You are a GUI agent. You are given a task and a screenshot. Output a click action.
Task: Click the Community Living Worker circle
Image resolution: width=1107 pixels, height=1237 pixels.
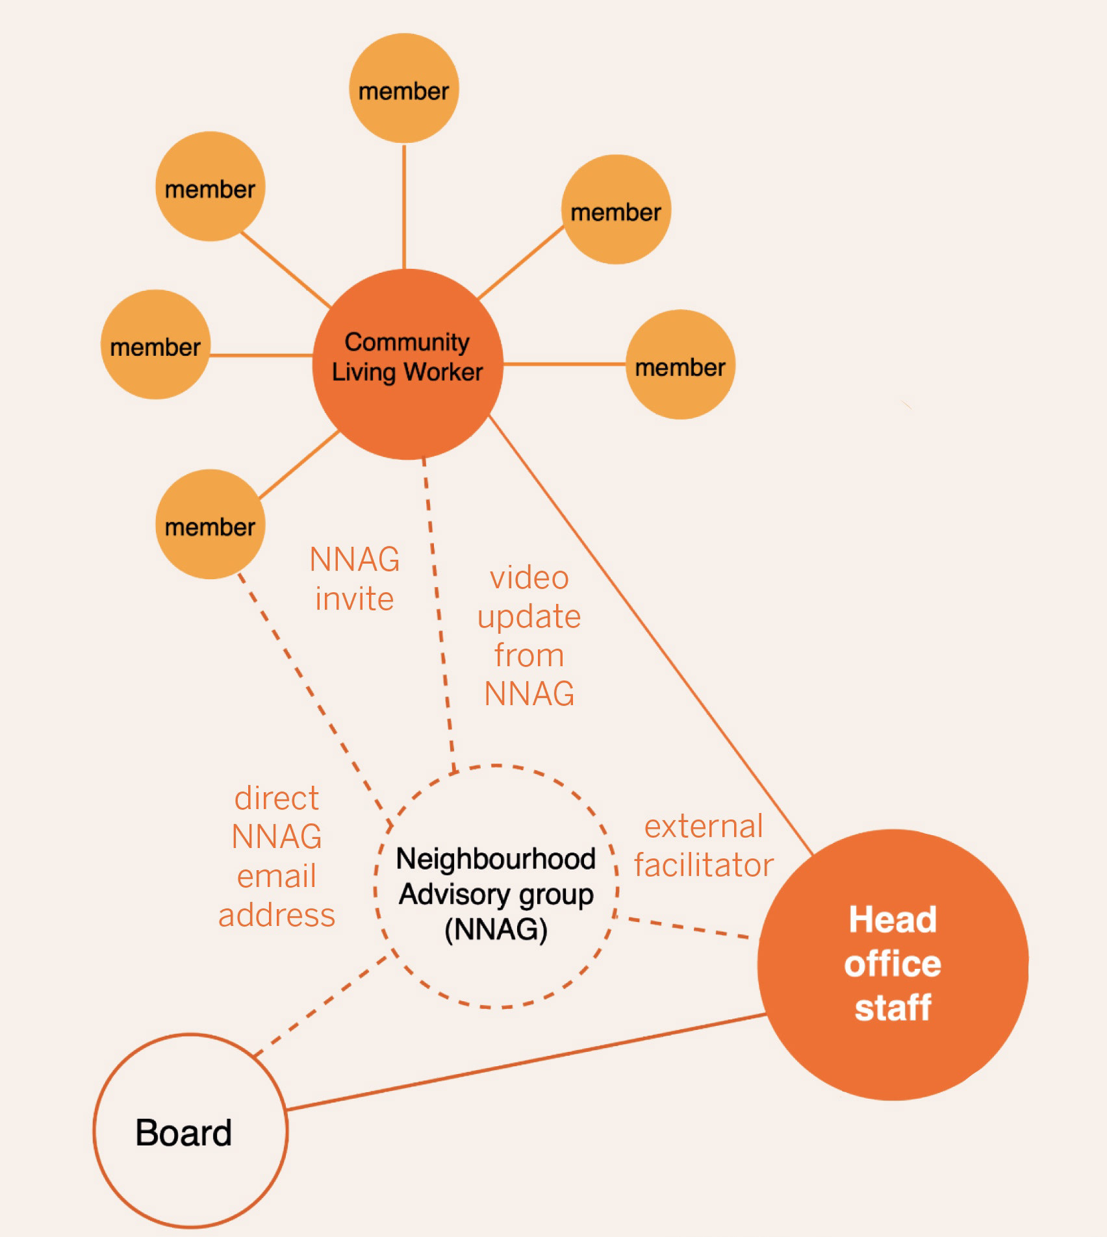407,364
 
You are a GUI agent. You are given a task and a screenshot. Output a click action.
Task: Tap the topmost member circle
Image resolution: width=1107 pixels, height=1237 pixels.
403,88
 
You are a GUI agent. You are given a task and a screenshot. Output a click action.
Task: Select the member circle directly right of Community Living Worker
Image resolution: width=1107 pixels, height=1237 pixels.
680,364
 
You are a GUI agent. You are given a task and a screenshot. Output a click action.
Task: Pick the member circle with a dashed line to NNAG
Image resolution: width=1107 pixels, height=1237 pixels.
210,524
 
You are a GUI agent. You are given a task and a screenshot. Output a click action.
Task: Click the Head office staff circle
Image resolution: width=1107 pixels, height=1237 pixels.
893,964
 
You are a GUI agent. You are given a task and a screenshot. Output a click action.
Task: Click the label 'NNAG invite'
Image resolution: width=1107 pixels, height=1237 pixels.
354,579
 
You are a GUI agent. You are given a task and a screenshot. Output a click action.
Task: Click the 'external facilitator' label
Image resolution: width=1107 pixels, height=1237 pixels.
704,845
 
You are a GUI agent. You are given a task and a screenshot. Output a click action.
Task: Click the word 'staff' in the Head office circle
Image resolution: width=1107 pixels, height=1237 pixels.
893,1007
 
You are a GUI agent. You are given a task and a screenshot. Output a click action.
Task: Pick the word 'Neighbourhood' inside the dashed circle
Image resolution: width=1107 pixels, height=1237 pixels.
496,859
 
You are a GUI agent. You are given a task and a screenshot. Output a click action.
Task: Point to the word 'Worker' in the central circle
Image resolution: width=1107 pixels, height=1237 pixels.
444,372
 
